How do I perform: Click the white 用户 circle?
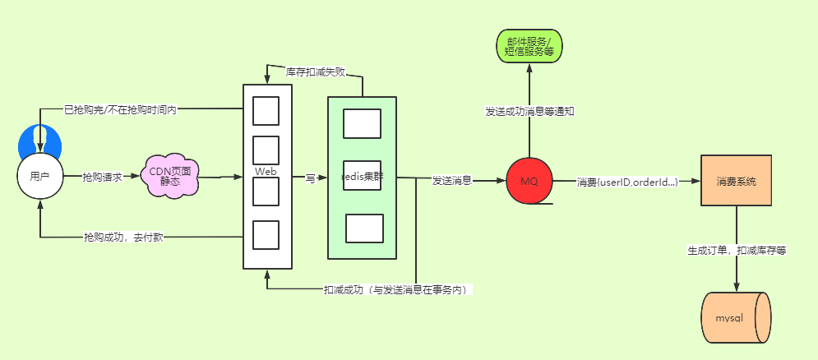[40, 177]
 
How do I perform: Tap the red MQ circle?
[529, 181]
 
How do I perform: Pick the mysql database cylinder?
[736, 318]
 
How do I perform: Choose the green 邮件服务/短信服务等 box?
[529, 46]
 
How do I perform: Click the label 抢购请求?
[102, 178]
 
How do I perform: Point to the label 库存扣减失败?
[317, 72]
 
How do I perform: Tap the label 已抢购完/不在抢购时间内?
[120, 110]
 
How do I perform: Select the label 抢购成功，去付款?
[123, 238]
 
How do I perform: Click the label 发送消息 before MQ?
[452, 181]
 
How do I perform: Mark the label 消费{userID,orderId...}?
[627, 182]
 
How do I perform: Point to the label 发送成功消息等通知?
[529, 111]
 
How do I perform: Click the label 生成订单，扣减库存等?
[737, 251]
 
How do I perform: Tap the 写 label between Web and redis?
[311, 178]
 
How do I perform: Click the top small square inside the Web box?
[266, 111]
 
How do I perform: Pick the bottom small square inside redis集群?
[365, 228]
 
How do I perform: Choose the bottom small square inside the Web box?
[266, 235]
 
